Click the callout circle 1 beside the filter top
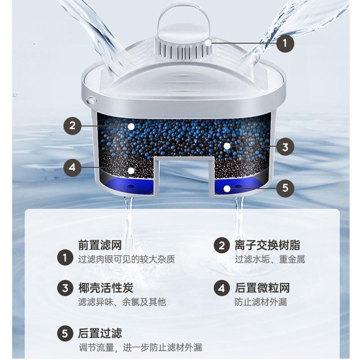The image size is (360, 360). click(284, 44)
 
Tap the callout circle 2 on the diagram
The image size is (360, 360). click(73, 126)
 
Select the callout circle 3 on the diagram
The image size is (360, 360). click(284, 146)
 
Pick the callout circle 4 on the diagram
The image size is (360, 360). click(73, 168)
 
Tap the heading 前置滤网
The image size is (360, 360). click(100, 245)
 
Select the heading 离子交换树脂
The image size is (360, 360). click(267, 245)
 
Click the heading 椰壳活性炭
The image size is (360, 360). click(106, 288)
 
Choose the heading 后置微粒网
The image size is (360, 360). click(262, 288)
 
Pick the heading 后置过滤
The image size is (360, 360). click(100, 333)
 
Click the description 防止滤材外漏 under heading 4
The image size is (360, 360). click(261, 302)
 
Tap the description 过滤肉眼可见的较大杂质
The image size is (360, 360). click(126, 260)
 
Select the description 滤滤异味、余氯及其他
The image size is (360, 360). click(122, 302)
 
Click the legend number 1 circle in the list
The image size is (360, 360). click(65, 258)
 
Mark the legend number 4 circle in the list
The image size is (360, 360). click(221, 288)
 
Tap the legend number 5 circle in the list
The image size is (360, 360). click(65, 334)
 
